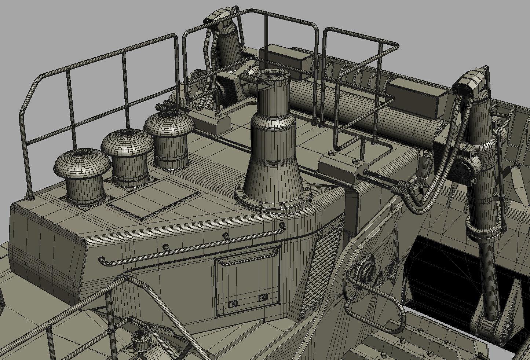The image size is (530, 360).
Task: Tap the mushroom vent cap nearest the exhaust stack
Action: (169, 125)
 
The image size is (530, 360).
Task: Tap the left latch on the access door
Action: (233, 304)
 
